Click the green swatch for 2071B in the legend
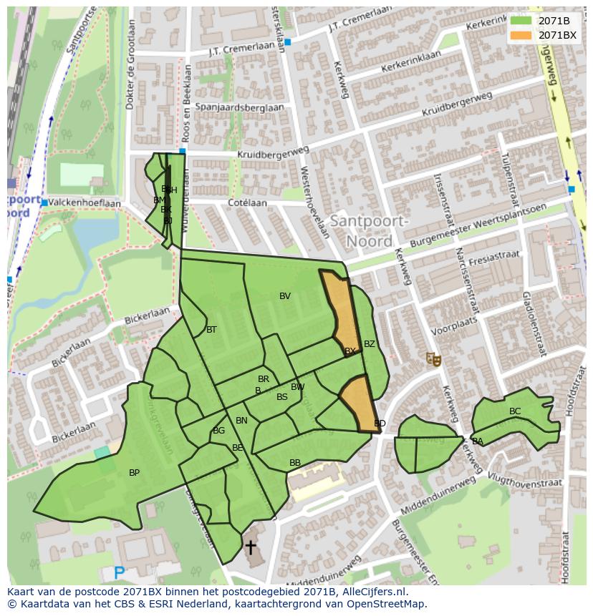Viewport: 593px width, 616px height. (x=521, y=21)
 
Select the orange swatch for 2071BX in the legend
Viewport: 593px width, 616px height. (x=521, y=35)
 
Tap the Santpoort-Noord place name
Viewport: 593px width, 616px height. (x=369, y=231)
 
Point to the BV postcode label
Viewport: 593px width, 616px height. (x=285, y=296)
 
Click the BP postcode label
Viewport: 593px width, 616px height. (x=134, y=473)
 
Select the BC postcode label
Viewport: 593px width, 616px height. (x=515, y=411)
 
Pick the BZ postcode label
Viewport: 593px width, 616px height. (x=370, y=344)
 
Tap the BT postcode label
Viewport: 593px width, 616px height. (x=211, y=330)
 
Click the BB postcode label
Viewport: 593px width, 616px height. (x=295, y=464)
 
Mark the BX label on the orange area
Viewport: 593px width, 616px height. (x=350, y=351)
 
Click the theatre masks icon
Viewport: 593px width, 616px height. (x=433, y=358)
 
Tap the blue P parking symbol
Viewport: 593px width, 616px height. (x=120, y=572)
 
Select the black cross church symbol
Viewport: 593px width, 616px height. (x=251, y=547)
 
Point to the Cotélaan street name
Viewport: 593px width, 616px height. (x=247, y=203)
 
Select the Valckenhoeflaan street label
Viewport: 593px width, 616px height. (x=85, y=203)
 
